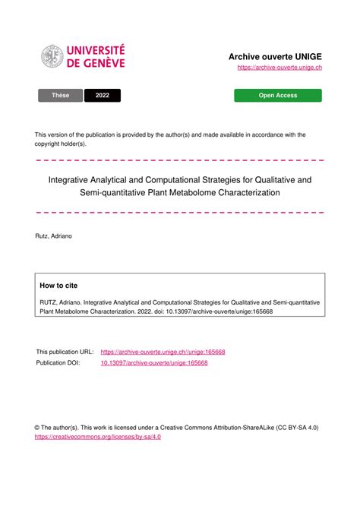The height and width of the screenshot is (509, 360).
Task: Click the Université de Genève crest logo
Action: coord(52,56)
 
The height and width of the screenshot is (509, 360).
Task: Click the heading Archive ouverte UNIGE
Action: coord(275,57)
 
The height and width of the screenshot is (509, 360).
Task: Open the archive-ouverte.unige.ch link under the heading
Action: coord(279,68)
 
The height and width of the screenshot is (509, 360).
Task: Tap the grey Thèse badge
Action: coord(60,96)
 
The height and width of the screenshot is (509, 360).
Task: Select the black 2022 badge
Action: coord(103,96)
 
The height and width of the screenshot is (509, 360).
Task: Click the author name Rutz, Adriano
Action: coord(54,237)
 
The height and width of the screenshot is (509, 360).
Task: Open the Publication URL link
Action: coord(163,352)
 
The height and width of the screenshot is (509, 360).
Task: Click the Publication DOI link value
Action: coord(154,363)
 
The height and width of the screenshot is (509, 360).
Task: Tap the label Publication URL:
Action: coord(65,352)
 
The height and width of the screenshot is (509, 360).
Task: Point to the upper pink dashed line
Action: coord(180,160)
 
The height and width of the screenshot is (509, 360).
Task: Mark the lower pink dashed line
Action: coord(180,212)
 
